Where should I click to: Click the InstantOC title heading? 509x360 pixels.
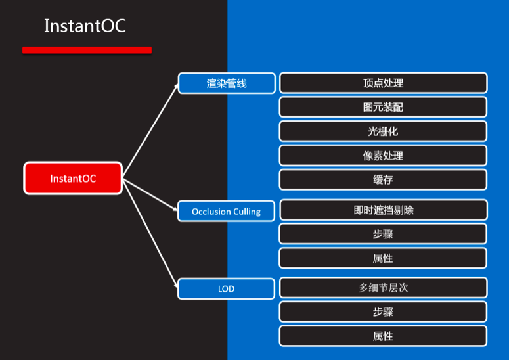85,26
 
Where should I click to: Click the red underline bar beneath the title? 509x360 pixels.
87,50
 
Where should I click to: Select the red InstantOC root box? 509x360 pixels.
73,178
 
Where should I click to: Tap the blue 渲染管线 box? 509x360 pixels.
227,83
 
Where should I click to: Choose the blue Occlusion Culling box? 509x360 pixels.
227,212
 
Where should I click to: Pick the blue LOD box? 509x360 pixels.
227,289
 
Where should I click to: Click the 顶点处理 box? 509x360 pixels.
383,83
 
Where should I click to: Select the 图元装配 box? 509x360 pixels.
383,107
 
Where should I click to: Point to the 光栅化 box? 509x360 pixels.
383,131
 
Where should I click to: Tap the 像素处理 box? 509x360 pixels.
383,156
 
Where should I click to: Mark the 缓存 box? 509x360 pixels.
383,180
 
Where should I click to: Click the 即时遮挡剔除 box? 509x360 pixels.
383,210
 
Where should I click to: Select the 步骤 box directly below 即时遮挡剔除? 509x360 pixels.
383,234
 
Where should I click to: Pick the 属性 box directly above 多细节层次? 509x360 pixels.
383,258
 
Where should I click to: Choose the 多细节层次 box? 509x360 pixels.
383,288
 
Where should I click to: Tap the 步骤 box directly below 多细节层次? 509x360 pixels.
383,312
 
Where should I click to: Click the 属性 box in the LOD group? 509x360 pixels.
383,336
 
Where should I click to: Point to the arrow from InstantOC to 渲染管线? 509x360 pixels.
150,131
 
